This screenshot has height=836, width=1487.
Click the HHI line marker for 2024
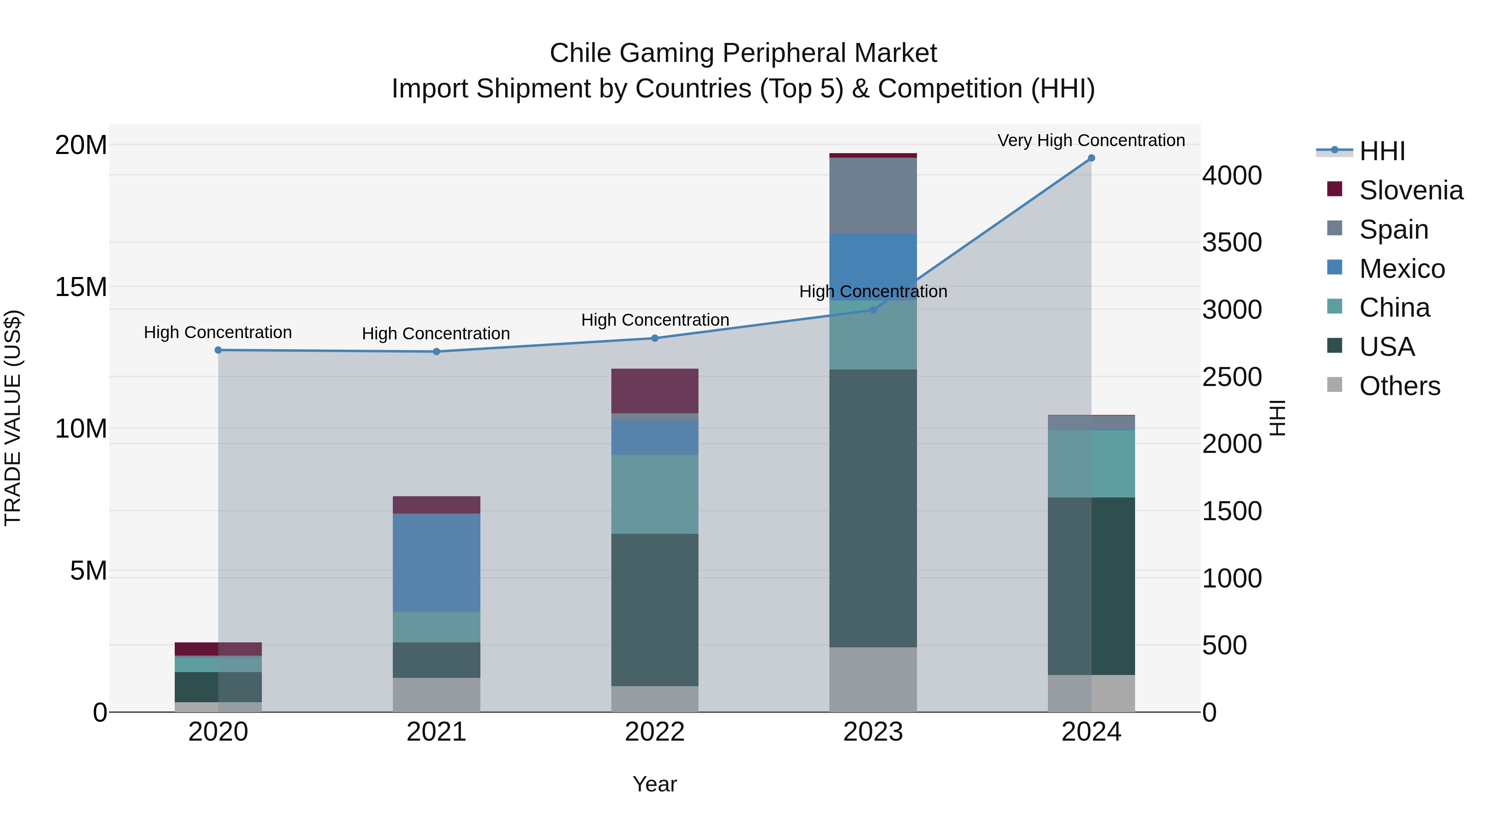click(x=1091, y=158)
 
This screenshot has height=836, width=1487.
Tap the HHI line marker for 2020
click(x=218, y=350)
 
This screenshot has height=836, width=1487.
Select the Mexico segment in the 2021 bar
click(x=437, y=563)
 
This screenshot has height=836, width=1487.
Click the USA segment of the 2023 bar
click(x=873, y=508)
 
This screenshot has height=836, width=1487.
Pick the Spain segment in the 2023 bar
click(x=873, y=196)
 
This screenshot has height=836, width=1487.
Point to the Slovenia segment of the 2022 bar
click(x=655, y=391)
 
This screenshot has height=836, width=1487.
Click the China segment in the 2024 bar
click(x=1091, y=464)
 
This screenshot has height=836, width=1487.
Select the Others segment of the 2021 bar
click(x=437, y=695)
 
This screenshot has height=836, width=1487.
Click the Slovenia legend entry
click(x=1410, y=190)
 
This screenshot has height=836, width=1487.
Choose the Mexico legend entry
click(x=1401, y=269)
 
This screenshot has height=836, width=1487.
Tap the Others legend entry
click(x=1399, y=386)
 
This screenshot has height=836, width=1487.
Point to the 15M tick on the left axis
click(x=81, y=287)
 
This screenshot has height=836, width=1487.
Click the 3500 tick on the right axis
click(x=1232, y=242)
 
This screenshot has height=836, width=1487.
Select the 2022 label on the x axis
click(x=655, y=732)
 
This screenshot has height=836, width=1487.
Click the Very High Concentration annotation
click(x=1091, y=140)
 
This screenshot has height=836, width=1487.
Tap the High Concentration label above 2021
click(x=436, y=334)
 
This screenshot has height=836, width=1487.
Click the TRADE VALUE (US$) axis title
click(x=13, y=418)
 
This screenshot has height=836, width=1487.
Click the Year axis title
click(x=655, y=784)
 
